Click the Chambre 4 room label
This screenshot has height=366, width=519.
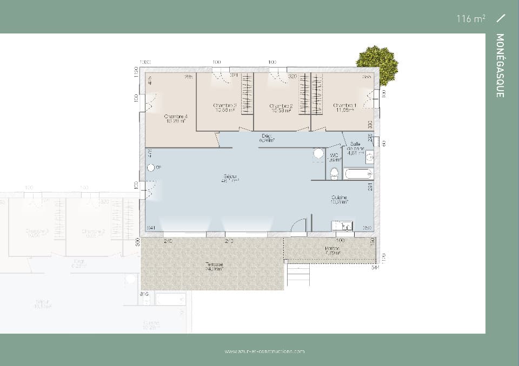(176, 118)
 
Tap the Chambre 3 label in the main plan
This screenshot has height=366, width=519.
(224, 107)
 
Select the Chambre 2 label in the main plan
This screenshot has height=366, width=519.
(281, 108)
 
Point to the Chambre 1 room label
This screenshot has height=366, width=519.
(344, 107)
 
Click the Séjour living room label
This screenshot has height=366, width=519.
(230, 179)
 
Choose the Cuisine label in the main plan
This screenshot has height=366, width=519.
(340, 199)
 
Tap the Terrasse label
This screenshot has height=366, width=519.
(214, 266)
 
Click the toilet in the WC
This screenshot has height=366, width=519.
(334, 173)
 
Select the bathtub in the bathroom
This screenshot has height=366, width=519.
(358, 174)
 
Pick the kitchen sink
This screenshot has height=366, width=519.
(342, 226)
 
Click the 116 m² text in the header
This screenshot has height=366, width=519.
(470, 19)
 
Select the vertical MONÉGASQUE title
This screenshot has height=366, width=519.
(500, 65)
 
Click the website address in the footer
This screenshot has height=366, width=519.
(265, 351)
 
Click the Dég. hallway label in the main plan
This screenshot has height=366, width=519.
(267, 138)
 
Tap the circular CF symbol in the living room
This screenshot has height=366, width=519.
(150, 167)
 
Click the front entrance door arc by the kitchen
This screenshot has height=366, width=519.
(299, 226)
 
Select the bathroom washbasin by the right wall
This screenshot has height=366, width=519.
(369, 158)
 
